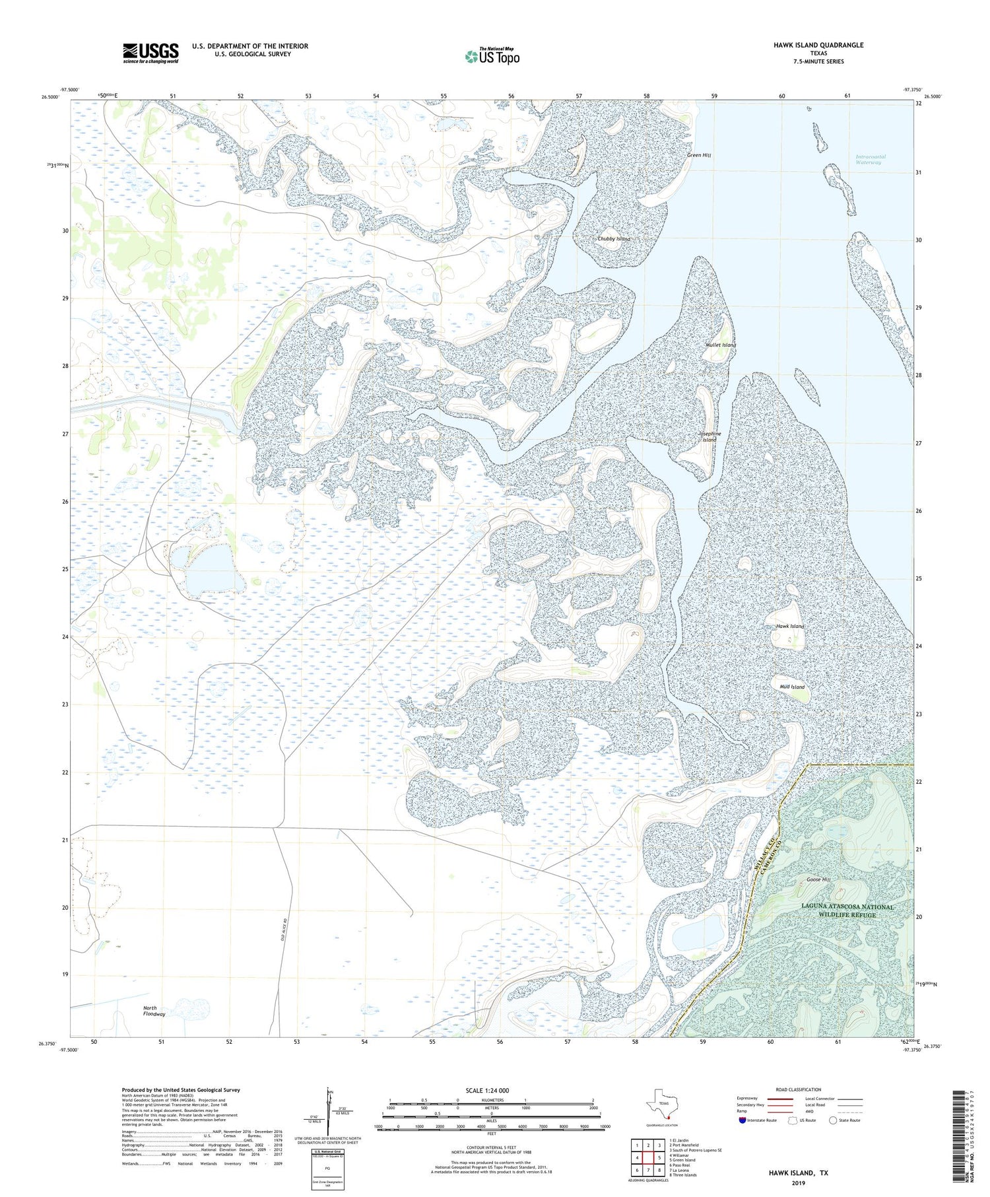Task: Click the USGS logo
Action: [150, 53]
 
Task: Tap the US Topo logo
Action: [492, 56]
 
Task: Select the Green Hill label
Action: [699, 156]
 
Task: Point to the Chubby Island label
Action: [613, 238]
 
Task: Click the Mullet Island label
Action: [720, 345]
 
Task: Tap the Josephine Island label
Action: [709, 436]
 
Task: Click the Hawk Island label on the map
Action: [790, 626]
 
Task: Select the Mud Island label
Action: [792, 687]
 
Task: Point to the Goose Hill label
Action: [818, 879]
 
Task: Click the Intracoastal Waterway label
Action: [871, 159]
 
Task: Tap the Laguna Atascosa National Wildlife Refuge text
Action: [847, 910]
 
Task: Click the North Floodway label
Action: [154, 1011]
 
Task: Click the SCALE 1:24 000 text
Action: [491, 1090]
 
